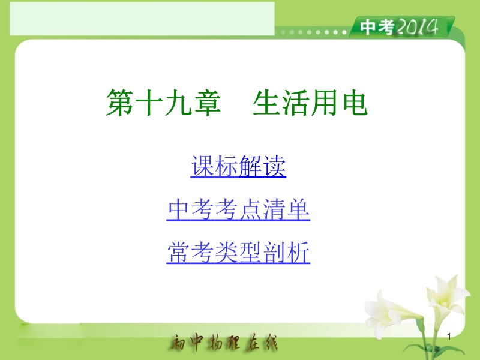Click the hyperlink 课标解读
tap(238, 166)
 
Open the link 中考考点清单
tap(238, 209)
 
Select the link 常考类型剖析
tap(238, 253)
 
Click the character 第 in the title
tap(119, 103)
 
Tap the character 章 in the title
tap(206, 103)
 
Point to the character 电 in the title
tap(355, 103)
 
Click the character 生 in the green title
tap(266, 103)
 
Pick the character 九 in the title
tap(178, 103)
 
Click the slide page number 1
tap(449, 337)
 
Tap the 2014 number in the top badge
tap(417, 27)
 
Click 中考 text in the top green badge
tap(377, 27)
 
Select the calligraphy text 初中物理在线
tap(223, 342)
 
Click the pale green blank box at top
tap(142, 19)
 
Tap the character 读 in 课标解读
tap(275, 166)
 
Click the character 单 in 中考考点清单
tap(298, 209)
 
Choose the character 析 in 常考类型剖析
tap(298, 253)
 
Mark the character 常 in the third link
tap(178, 253)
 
